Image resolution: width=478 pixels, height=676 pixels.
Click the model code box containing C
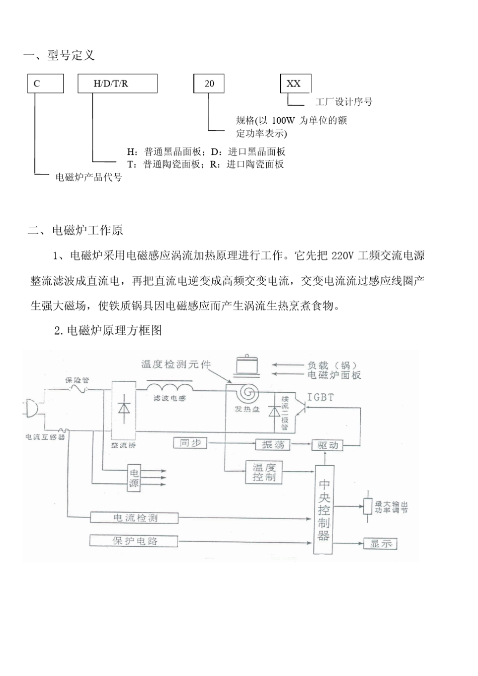click(45, 83)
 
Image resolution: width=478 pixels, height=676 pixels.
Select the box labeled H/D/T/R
click(117, 83)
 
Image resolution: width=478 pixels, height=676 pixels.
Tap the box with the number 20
click(209, 83)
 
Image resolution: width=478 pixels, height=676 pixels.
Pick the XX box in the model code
click(295, 83)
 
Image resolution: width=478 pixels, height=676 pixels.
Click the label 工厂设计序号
click(344, 102)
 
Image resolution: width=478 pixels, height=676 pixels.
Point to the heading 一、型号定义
click(59, 55)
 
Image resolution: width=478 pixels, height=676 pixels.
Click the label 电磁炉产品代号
click(89, 177)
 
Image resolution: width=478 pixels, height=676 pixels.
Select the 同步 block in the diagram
click(190, 443)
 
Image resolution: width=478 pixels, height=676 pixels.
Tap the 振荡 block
click(273, 444)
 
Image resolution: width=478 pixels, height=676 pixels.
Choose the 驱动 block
click(328, 445)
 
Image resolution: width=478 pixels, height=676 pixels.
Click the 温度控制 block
click(264, 472)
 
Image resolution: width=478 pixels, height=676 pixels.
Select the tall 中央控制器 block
click(324, 510)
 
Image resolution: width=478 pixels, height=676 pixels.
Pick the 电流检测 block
click(134, 518)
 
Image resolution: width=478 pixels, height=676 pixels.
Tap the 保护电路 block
click(134, 541)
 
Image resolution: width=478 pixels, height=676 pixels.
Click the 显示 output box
click(380, 544)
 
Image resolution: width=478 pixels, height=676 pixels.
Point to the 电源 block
click(134, 478)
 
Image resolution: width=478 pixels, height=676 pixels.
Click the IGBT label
click(321, 397)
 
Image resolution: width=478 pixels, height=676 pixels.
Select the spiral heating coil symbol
click(247, 392)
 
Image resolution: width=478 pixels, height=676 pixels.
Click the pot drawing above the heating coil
click(247, 365)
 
